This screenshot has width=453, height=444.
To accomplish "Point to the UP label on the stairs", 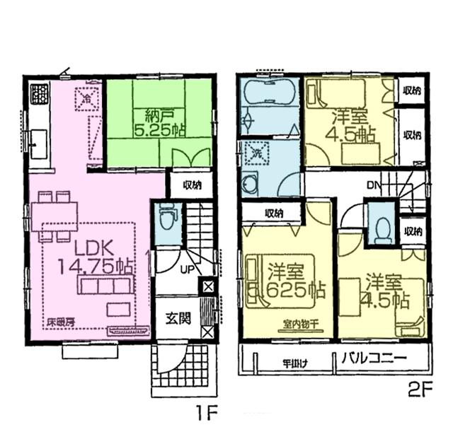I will (187, 269).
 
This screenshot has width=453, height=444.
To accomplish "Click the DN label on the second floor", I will (374, 187).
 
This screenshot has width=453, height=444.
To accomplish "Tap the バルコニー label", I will (376, 358).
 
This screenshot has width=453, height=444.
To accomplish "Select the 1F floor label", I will (210, 410).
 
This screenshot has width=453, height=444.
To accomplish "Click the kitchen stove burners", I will (38, 93).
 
